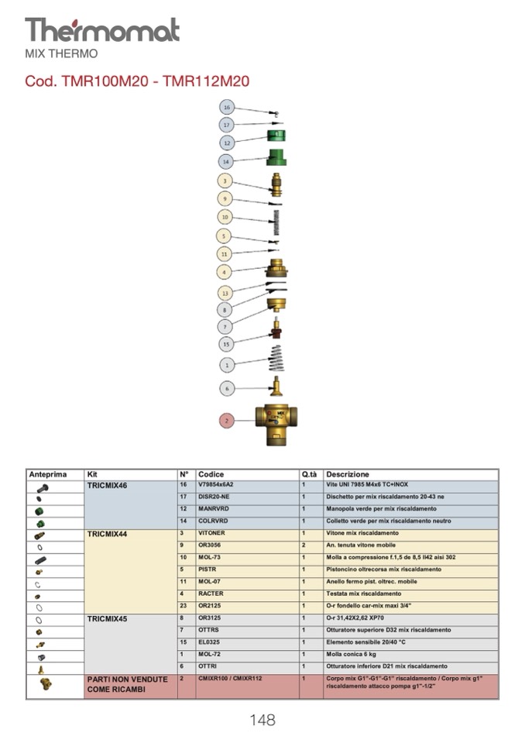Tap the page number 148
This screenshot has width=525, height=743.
pos(262,720)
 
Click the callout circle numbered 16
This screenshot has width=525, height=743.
pos(226,107)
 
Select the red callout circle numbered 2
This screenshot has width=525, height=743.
pos(226,421)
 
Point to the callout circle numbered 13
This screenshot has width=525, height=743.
pos(225,293)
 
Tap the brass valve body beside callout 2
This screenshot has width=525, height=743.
pos(276,423)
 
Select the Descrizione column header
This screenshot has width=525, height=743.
pos(348,474)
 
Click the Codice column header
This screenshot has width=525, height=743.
pos(211,474)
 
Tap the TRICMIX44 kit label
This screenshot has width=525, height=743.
pos(107,534)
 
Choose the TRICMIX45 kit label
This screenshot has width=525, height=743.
pos(107,619)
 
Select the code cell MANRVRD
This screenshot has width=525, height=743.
pos(213,509)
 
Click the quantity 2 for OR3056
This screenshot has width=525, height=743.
pos(304,545)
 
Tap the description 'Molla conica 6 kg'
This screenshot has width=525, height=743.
pos(354,654)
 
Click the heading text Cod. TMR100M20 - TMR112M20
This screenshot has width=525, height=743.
pos(137,81)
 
